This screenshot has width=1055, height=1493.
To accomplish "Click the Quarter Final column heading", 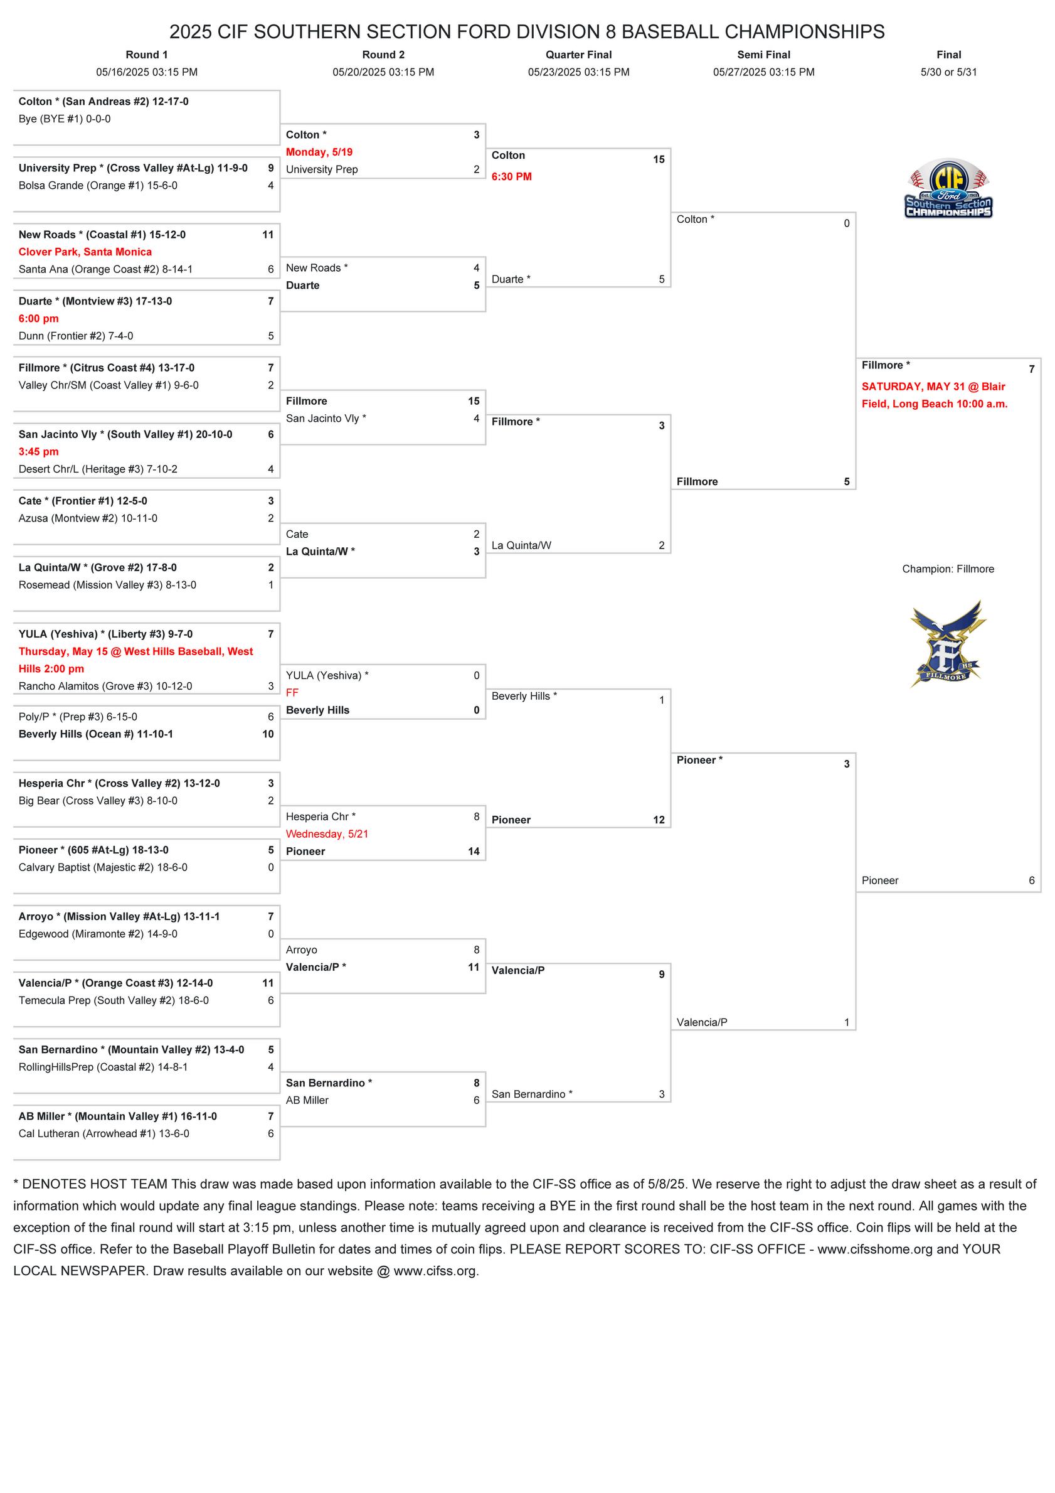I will pyautogui.click(x=578, y=55).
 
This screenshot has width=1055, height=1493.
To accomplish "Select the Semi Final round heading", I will pyautogui.click(x=763, y=55).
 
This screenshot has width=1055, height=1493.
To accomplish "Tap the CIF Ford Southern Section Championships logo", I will pyautogui.click(x=948, y=188).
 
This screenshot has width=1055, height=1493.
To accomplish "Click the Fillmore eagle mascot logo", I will pyautogui.click(x=948, y=643).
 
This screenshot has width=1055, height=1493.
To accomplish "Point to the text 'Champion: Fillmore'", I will pyautogui.click(x=948, y=569).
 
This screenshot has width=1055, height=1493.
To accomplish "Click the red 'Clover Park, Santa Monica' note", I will pyautogui.click(x=85, y=252).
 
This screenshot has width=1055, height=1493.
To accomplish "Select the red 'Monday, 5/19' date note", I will pyautogui.click(x=319, y=152).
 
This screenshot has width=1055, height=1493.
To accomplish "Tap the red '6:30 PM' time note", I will pyautogui.click(x=511, y=177).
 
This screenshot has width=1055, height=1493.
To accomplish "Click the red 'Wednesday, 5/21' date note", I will pyautogui.click(x=327, y=834).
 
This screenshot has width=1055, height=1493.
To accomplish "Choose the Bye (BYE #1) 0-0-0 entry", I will pyautogui.click(x=65, y=119).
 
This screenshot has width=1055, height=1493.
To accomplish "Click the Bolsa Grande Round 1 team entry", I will pyautogui.click(x=97, y=185).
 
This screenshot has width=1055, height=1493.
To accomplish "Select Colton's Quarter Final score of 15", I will pyautogui.click(x=659, y=159).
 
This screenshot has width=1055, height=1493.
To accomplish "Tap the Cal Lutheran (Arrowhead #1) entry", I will pyautogui.click(x=104, y=1133).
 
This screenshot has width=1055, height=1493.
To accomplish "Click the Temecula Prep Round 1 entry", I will pyautogui.click(x=114, y=1000).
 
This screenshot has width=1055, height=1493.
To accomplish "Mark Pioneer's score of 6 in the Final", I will pyautogui.click(x=1031, y=880).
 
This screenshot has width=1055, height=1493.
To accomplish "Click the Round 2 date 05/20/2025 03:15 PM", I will pyautogui.click(x=383, y=72).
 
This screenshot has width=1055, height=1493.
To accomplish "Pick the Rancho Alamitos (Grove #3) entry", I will pyautogui.click(x=105, y=686).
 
